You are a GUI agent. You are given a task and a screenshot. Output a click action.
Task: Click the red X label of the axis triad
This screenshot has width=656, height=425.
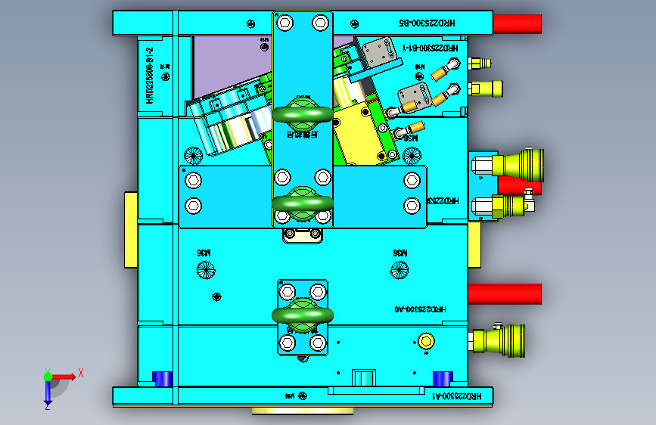coord(80,372)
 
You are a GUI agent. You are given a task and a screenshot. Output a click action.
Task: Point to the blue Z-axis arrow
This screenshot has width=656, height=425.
coord(47,392)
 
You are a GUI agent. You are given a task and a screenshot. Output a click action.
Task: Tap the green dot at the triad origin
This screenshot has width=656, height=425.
coord(47,376)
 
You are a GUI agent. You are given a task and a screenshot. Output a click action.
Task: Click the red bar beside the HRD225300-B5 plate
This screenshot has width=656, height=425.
coord(518,24)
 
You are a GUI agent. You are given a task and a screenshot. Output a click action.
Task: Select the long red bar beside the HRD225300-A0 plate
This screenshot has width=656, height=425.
coord(505,293)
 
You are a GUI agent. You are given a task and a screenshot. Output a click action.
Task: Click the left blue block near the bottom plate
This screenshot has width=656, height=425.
coord(163,377)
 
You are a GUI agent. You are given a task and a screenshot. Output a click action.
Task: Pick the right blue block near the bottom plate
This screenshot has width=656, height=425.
coord(442,377)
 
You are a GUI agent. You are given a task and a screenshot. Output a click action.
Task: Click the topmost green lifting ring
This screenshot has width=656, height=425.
coord(302,113)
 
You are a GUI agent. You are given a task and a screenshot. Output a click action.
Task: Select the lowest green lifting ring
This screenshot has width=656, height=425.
coord(302,315)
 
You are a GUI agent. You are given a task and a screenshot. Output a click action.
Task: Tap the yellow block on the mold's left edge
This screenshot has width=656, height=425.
coord(130,229)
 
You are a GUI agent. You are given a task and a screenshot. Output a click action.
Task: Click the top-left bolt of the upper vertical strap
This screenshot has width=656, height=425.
coord(284,23)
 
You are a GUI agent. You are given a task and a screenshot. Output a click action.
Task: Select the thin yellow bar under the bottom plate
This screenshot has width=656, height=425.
coord(302,411)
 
